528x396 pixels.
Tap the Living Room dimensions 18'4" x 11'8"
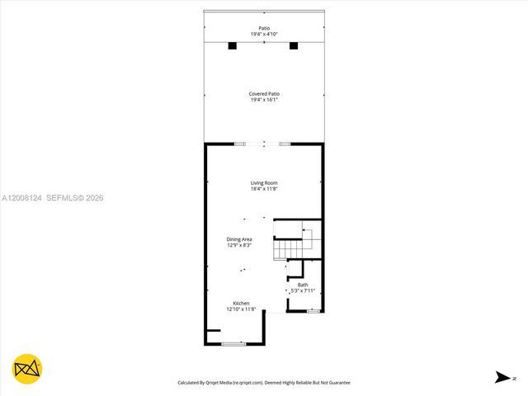[264, 189]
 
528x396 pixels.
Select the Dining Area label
[239, 239]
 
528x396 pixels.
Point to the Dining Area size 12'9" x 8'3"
[239, 245]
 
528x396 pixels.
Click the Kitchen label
[241, 303]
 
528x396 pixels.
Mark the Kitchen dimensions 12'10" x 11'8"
[241, 309]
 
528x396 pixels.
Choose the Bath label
[303, 285]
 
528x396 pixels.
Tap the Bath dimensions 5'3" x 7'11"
[303, 290]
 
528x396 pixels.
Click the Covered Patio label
[264, 94]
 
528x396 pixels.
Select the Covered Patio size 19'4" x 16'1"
[264, 101]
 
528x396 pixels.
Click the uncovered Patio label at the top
[264, 27]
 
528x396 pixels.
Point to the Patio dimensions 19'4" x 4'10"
[264, 34]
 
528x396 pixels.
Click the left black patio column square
[233, 45]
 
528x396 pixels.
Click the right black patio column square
[294, 45]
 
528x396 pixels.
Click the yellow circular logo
[27, 369]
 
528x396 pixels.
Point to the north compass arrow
[502, 378]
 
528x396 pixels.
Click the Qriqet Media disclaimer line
[264, 383]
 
